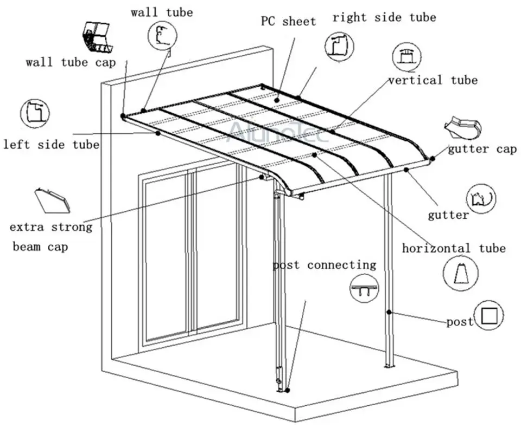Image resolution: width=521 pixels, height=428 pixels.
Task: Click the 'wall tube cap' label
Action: click(x=71, y=62)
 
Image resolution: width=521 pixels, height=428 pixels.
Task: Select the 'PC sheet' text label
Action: click(x=288, y=22)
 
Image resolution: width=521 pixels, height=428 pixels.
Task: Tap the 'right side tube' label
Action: click(x=384, y=17)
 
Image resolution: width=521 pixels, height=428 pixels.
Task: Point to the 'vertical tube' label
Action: click(x=433, y=80)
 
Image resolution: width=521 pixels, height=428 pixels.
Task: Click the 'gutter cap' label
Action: click(x=482, y=149)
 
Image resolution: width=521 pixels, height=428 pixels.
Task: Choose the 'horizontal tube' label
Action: click(x=453, y=248)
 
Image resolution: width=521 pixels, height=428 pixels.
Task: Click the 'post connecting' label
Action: click(x=324, y=265)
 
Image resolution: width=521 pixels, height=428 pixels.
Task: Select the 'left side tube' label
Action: click(x=51, y=145)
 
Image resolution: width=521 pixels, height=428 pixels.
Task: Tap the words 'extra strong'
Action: click(x=50, y=226)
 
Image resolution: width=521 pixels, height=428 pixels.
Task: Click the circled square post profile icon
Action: click(x=488, y=315)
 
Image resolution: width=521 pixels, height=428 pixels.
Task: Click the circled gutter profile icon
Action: click(x=482, y=198)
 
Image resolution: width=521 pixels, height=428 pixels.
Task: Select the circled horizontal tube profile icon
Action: click(x=461, y=273)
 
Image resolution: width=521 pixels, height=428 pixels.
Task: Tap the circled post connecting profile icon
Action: click(x=364, y=287)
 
